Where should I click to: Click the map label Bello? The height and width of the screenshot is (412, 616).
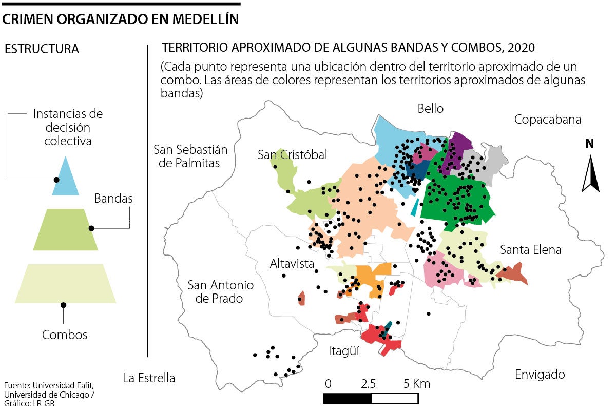(x=430, y=109)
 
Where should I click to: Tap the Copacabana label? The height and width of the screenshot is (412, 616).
(x=548, y=120)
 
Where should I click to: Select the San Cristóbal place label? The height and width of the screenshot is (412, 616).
(x=292, y=154)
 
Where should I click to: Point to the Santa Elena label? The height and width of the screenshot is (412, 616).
(x=530, y=250)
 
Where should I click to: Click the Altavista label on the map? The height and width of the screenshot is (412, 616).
(x=292, y=264)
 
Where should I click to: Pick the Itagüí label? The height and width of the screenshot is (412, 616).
(x=344, y=351)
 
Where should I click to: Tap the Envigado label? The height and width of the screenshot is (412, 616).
(x=540, y=375)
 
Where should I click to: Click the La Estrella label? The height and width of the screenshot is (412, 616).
(x=149, y=378)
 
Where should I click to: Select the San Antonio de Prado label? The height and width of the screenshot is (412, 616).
(x=220, y=291)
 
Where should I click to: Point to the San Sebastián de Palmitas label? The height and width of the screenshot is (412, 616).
(x=190, y=156)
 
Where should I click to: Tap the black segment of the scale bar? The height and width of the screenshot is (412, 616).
(x=347, y=398)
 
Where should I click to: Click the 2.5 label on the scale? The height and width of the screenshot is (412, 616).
(x=368, y=384)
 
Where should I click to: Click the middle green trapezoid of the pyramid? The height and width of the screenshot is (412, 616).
(x=65, y=230)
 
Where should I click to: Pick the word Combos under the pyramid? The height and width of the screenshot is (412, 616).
(x=65, y=335)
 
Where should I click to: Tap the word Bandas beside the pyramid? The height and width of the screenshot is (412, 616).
(x=113, y=199)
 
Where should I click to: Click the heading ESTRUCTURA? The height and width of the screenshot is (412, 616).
(x=42, y=50)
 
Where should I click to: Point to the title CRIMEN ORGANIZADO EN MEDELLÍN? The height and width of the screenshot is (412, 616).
(x=121, y=19)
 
